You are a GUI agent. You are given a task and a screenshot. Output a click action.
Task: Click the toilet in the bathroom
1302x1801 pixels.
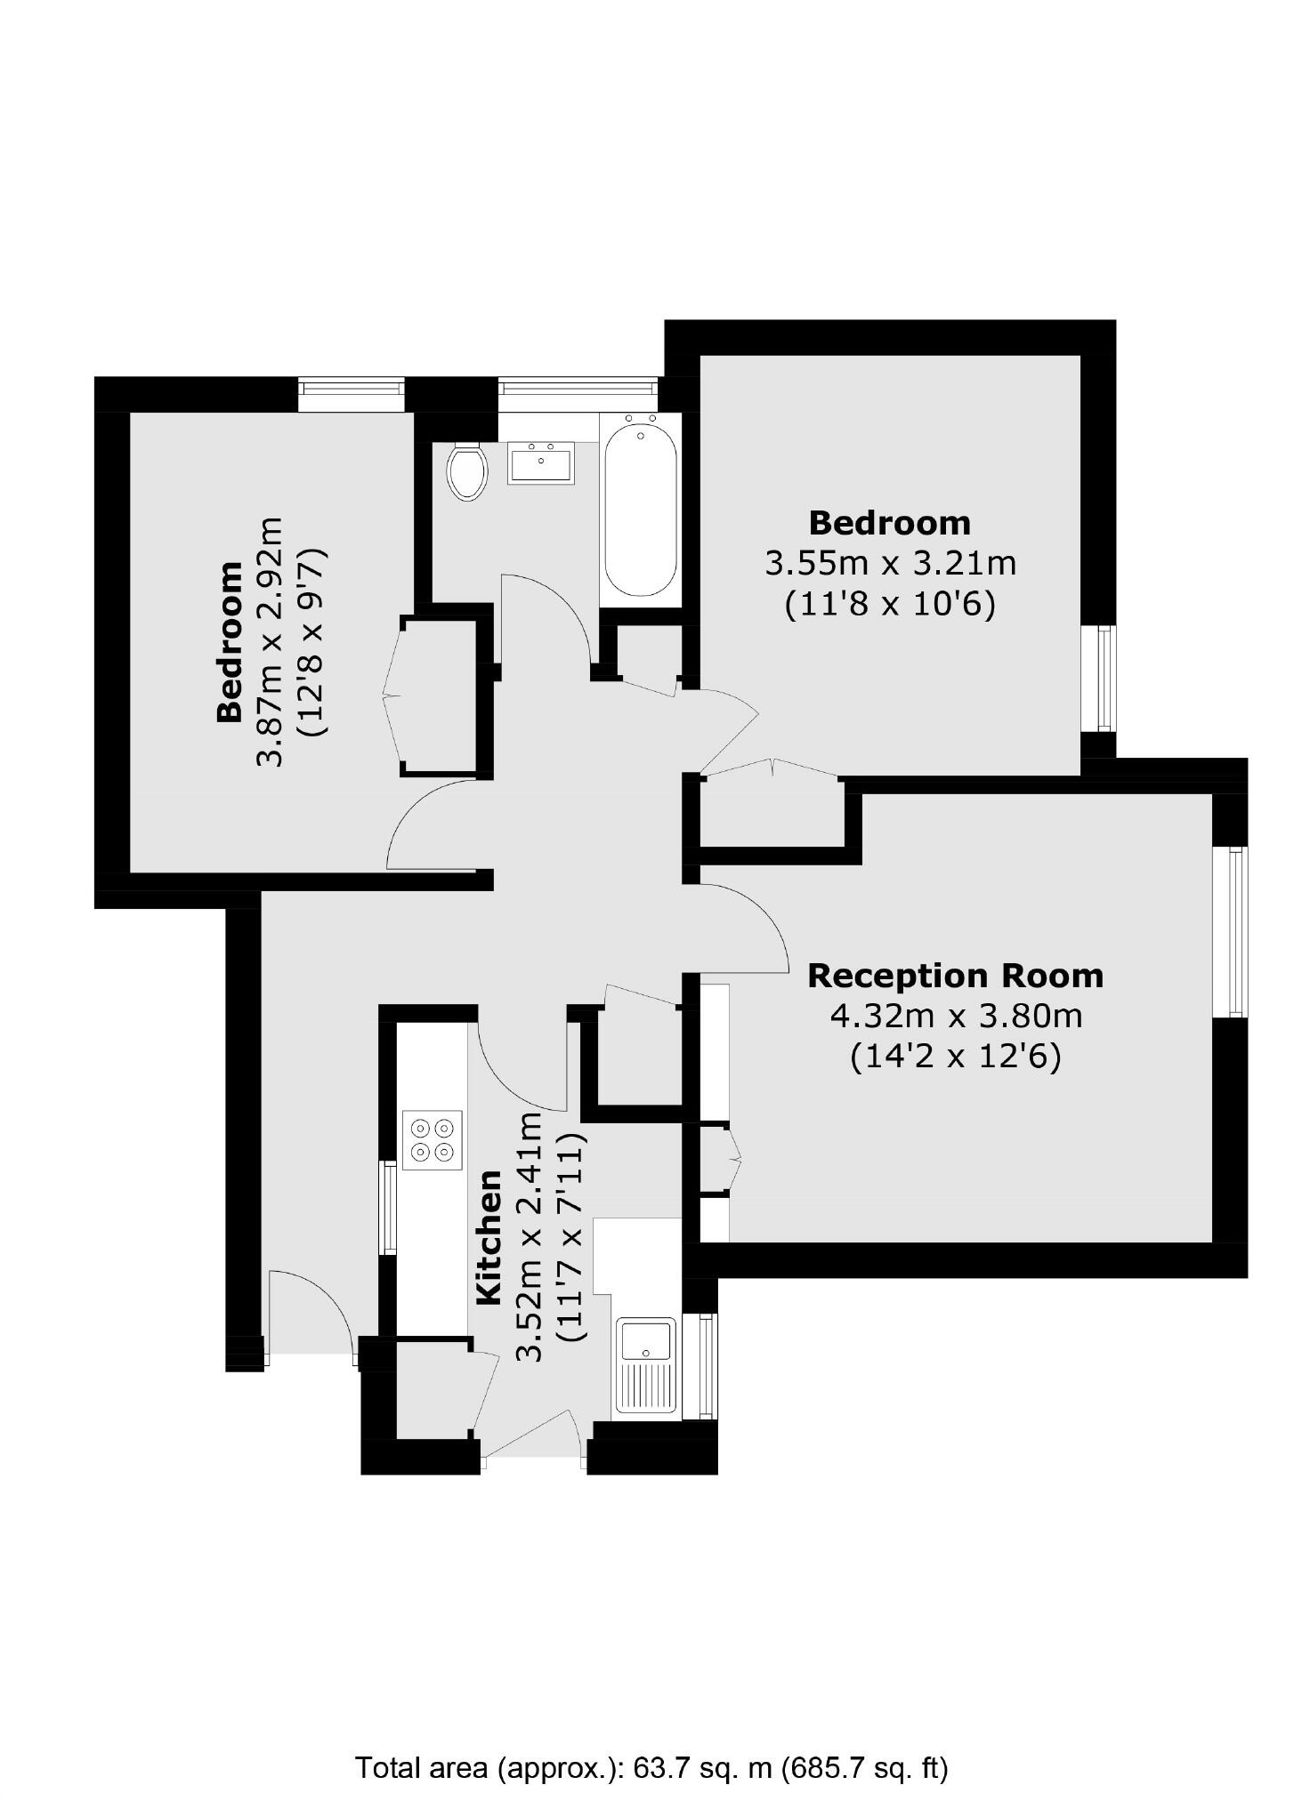pos(466,472)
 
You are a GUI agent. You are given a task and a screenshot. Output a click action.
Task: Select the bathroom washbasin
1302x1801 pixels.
pos(540,462)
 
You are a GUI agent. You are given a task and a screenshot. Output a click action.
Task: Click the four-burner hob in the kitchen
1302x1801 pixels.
pos(433,1139)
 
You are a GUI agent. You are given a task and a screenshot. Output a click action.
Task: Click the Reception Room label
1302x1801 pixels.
pos(954,976)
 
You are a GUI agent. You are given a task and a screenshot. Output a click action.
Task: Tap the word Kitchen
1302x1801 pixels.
pos(489,1238)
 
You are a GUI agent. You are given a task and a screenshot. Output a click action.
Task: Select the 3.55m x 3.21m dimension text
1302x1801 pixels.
pos(889,563)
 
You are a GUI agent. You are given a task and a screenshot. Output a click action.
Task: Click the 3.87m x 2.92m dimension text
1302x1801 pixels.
pos(269,640)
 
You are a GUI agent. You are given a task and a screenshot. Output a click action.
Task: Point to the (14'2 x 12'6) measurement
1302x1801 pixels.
pos(955,1057)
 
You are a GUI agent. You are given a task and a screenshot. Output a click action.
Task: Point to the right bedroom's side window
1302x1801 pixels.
pos(1105,678)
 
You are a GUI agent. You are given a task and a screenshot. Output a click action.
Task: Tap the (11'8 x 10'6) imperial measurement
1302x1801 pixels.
pos(889,605)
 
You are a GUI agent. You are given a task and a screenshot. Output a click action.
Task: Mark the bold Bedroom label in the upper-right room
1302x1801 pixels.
pos(889,522)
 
